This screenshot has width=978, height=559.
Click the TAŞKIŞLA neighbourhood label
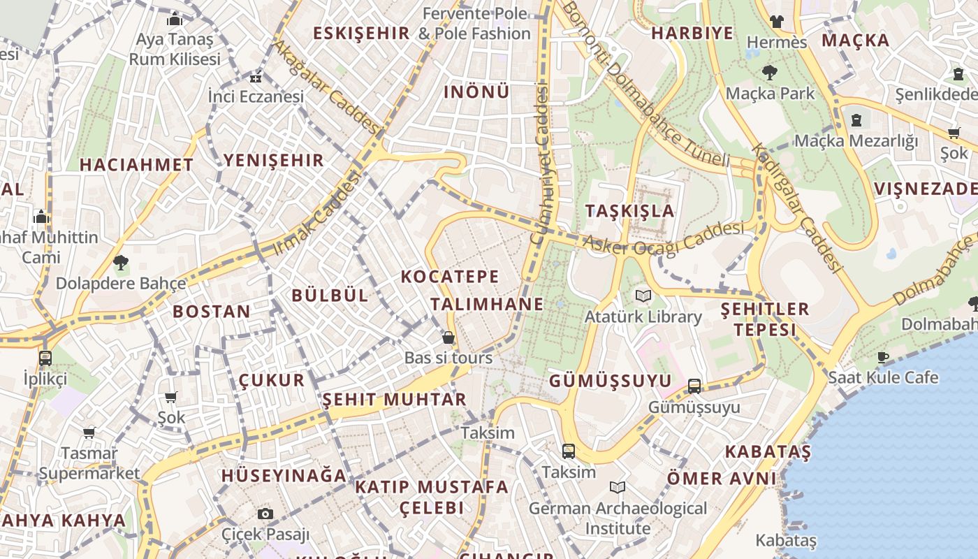pyautogui.click(x=629, y=211)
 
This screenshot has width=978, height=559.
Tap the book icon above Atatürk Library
pyautogui.click(x=643, y=296)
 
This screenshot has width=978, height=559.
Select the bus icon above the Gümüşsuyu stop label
pyautogui.click(x=694, y=386)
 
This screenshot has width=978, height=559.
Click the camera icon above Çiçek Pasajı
pyautogui.click(x=265, y=514)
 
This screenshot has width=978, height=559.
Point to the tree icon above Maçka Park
pyautogui.click(x=769, y=72)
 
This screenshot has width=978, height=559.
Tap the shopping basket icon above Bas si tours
pyautogui.click(x=448, y=337)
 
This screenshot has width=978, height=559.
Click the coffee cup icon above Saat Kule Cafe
pyautogui.click(x=883, y=357)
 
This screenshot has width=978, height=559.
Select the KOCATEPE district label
pyautogui.click(x=450, y=277)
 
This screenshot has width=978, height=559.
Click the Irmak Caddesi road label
pyautogui.click(x=319, y=213)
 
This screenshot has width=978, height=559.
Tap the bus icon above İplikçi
pyautogui.click(x=45, y=358)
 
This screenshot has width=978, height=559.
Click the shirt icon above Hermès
pyautogui.click(x=776, y=22)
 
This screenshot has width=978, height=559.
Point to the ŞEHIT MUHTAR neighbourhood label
pyautogui.click(x=394, y=400)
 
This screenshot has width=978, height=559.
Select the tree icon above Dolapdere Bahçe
pyautogui.click(x=121, y=263)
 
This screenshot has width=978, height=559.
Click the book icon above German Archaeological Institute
pyautogui.click(x=617, y=487)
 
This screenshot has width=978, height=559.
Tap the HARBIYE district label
pyautogui.click(x=692, y=33)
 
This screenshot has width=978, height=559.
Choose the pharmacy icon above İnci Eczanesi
pyautogui.click(x=256, y=77)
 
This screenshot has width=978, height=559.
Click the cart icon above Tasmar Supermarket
pyautogui.click(x=89, y=433)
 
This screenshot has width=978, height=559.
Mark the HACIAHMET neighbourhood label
pyautogui.click(x=136, y=165)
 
